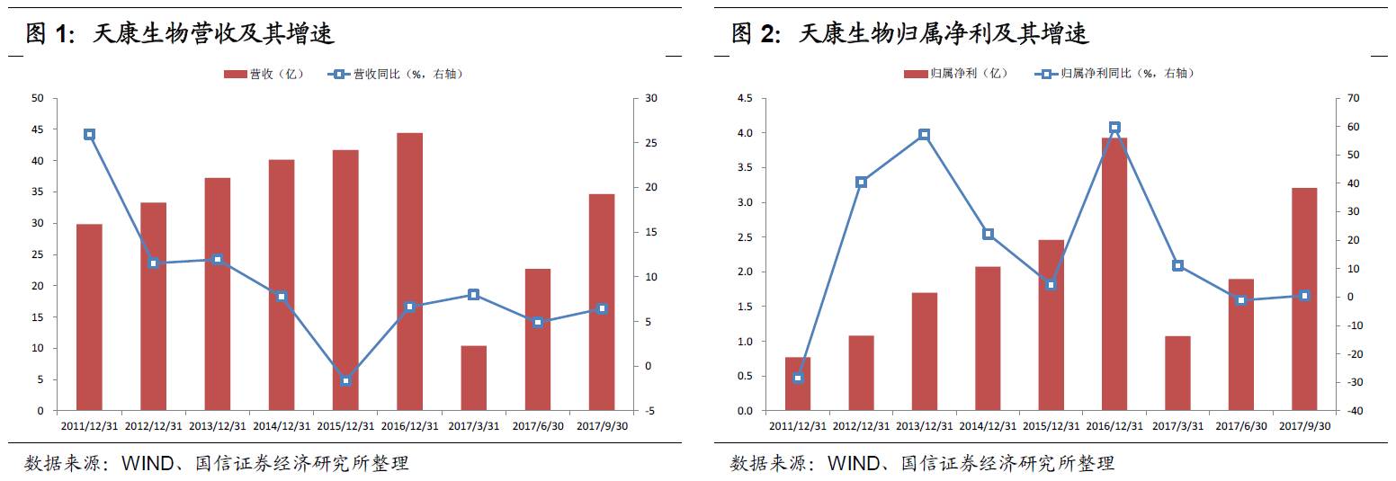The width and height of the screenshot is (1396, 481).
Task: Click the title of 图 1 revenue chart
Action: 180,34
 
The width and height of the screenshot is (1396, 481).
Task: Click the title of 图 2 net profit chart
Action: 909,34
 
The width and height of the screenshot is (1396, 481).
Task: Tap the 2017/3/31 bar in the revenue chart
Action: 473,378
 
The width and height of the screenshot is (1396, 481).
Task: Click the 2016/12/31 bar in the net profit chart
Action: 1114,274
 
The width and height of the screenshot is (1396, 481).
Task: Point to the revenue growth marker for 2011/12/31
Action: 89,134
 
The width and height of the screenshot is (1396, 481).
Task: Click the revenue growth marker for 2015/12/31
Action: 345,380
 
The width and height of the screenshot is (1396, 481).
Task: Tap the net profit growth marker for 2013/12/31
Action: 924,134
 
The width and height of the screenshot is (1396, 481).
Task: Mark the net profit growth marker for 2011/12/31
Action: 798,378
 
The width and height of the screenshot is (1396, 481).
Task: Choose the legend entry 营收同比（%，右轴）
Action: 396,74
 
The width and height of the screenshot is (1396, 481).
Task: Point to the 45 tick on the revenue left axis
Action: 37,129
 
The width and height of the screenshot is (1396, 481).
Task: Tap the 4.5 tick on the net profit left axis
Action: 746,98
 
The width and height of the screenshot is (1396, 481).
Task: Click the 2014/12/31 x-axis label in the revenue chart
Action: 282,426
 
